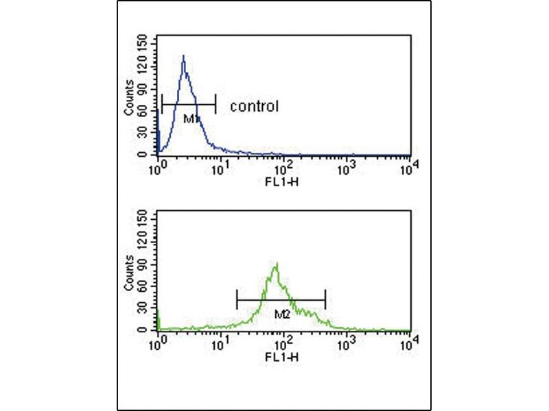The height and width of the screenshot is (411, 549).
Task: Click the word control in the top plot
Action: (254, 106)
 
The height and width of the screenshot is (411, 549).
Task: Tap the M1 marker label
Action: (191, 119)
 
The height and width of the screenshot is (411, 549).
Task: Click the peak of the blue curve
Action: (183, 56)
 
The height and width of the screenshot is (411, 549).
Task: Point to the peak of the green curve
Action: (276, 264)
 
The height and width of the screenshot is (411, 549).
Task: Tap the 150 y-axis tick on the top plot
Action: (142, 42)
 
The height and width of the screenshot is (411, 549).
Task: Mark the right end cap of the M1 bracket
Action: (215, 104)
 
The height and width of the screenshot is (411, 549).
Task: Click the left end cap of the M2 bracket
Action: (237, 299)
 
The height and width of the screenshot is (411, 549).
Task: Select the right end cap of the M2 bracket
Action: (325, 299)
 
